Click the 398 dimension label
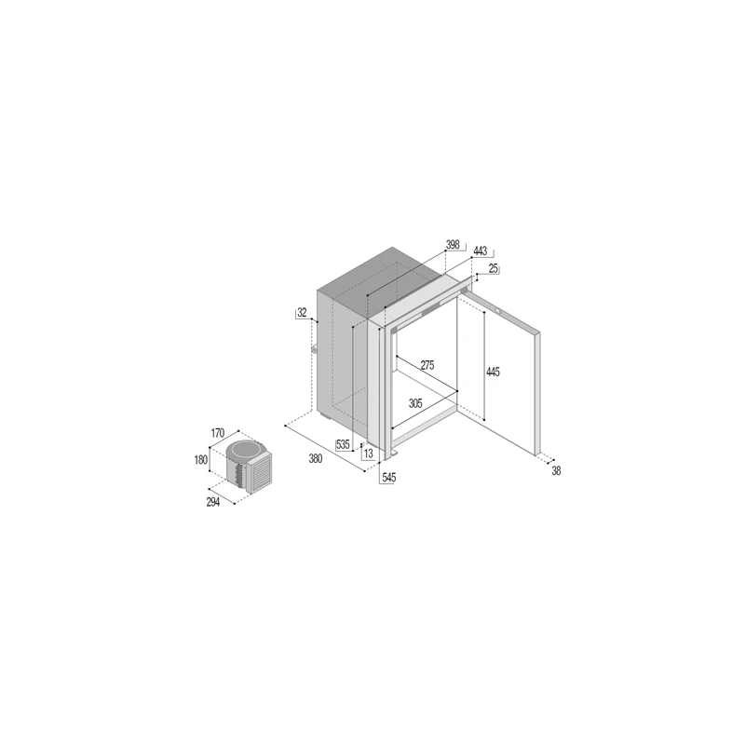coord(453,244)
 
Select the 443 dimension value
coord(481,251)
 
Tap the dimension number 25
coord(494,268)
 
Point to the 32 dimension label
coord(302,313)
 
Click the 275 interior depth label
coord(427,365)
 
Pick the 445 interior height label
coord(493,372)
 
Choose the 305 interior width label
coord(415,403)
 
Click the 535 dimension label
coord(343,445)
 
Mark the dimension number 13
coord(368,454)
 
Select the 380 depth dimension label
coord(316,458)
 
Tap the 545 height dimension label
coord(388,478)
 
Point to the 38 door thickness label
coord(556,470)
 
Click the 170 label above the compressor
coord(218,433)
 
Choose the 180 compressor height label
coord(201,459)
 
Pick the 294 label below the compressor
coord(213,502)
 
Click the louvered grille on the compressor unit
coord(261,473)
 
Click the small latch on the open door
coord(499,312)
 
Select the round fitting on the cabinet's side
coord(314,350)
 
